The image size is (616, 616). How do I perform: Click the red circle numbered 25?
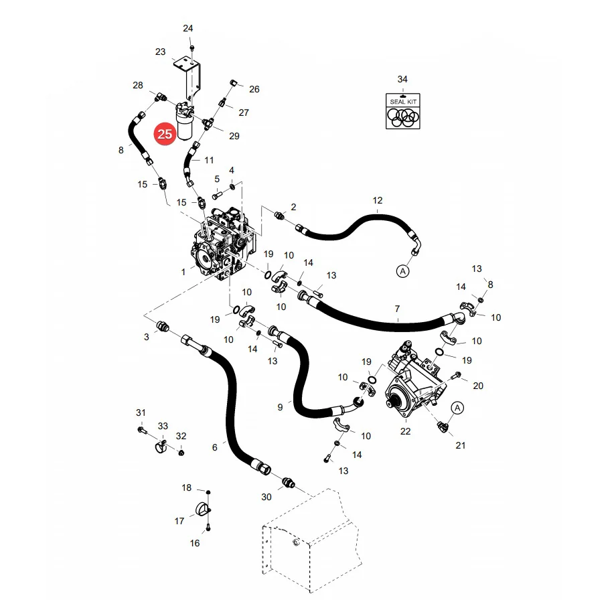[165, 134]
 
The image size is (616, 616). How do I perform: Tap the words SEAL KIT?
[403, 102]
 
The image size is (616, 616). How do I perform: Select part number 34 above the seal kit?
[402, 80]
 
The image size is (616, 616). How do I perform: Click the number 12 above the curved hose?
[378, 201]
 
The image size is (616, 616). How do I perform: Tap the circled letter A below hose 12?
[402, 271]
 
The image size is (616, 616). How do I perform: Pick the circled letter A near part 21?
[457, 408]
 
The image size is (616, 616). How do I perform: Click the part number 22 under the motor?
[406, 431]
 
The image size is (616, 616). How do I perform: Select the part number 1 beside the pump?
[183, 273]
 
